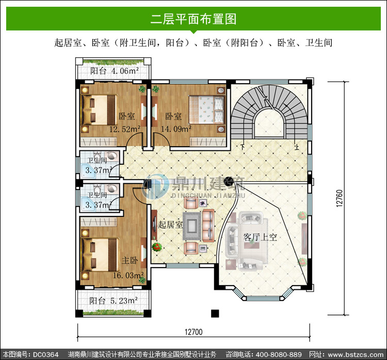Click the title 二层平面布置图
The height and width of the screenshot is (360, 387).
[x=193, y=19]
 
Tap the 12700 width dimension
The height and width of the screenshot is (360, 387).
[x=193, y=332]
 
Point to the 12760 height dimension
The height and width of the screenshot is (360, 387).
[x=340, y=198]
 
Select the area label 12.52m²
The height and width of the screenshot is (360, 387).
[x=125, y=129]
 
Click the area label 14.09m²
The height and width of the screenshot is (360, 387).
[x=176, y=129]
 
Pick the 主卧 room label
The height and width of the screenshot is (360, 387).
[x=130, y=260]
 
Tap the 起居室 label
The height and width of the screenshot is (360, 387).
[x=170, y=225]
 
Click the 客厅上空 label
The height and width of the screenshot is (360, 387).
[x=260, y=237]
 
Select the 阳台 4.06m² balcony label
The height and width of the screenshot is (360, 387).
[x=114, y=71]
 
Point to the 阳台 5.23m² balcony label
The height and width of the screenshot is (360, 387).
[x=114, y=301]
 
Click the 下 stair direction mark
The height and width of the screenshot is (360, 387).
[x=243, y=147]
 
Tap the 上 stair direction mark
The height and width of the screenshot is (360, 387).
[x=297, y=147]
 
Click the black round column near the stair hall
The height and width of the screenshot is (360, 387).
[x=228, y=182]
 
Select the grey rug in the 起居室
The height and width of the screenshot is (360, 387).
[x=192, y=226]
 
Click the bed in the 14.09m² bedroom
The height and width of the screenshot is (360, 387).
[x=207, y=109]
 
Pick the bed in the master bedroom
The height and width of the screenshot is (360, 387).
[x=100, y=255]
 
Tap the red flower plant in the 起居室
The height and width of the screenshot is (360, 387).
[x=156, y=246]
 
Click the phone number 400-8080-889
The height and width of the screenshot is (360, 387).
[x=279, y=354]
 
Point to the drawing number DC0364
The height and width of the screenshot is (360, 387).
[x=45, y=354]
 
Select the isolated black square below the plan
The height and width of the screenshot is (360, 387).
[x=215, y=314]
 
